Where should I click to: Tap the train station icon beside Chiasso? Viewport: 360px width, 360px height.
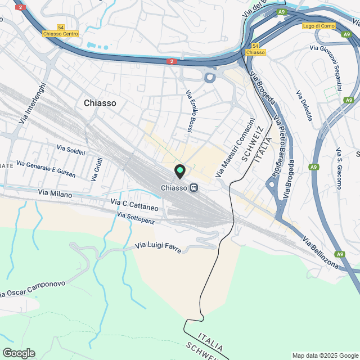[194, 188]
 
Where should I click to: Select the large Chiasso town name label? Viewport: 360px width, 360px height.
[100, 103]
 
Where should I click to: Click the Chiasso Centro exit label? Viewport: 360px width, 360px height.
[60, 34]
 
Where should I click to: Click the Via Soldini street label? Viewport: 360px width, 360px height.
[71, 150]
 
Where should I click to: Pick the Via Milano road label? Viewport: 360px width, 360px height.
[55, 193]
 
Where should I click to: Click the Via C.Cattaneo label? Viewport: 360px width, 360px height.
[134, 205]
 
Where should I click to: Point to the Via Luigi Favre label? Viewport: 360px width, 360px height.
[159, 247]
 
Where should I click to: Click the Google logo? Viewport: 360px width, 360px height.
[19, 353]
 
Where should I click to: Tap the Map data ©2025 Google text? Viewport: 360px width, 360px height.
[325, 355]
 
